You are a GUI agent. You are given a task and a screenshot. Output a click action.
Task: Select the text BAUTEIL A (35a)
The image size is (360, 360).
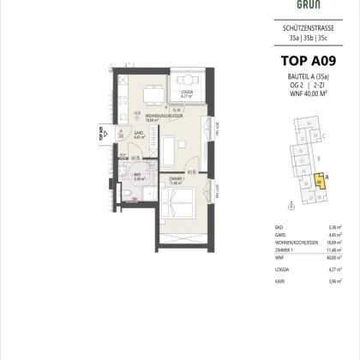tap(292, 79)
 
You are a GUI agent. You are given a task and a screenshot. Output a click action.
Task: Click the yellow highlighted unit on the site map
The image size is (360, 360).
tap(321, 181)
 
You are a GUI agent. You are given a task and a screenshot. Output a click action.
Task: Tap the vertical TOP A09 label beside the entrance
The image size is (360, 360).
tap(101, 137)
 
